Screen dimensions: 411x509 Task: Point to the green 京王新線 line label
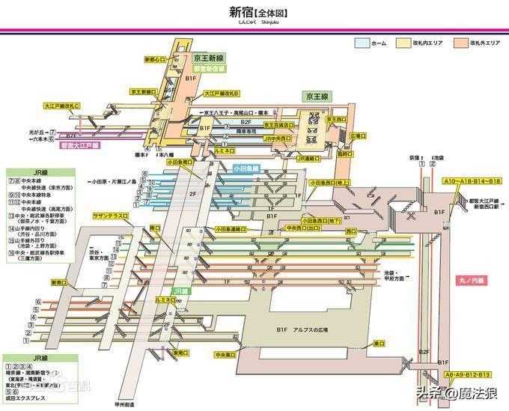coord(209,58)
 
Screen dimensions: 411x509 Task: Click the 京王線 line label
coord(317,97)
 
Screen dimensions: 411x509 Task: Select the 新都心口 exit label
coord(154,59)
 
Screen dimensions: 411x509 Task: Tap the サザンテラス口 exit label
coord(110,215)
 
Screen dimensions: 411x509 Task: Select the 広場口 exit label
coord(358,136)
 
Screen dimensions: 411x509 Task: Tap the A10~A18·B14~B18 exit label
coord(472,182)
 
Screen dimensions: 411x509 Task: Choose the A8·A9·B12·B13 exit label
coord(468,374)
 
